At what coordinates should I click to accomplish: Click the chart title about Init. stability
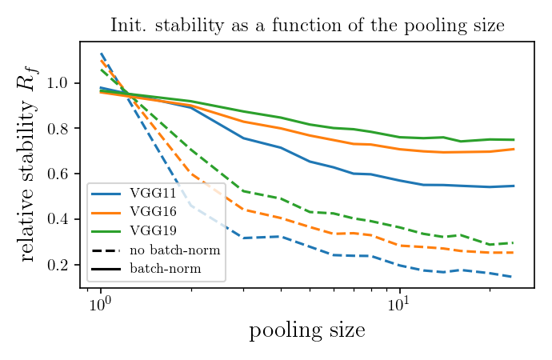307,26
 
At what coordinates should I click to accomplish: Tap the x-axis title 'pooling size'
307,330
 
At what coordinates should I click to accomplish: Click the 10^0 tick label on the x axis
99,305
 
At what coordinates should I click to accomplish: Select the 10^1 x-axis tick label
398,305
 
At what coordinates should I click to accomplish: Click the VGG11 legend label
151,194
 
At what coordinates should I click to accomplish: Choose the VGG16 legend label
151,212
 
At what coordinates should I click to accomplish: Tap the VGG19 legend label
151,231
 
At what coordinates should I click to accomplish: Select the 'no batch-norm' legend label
174,250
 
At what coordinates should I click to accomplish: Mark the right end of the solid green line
514,140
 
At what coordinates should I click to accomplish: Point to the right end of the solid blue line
514,186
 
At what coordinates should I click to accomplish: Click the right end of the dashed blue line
514,277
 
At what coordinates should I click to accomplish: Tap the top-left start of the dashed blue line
101,54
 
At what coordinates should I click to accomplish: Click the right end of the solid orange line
514,149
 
